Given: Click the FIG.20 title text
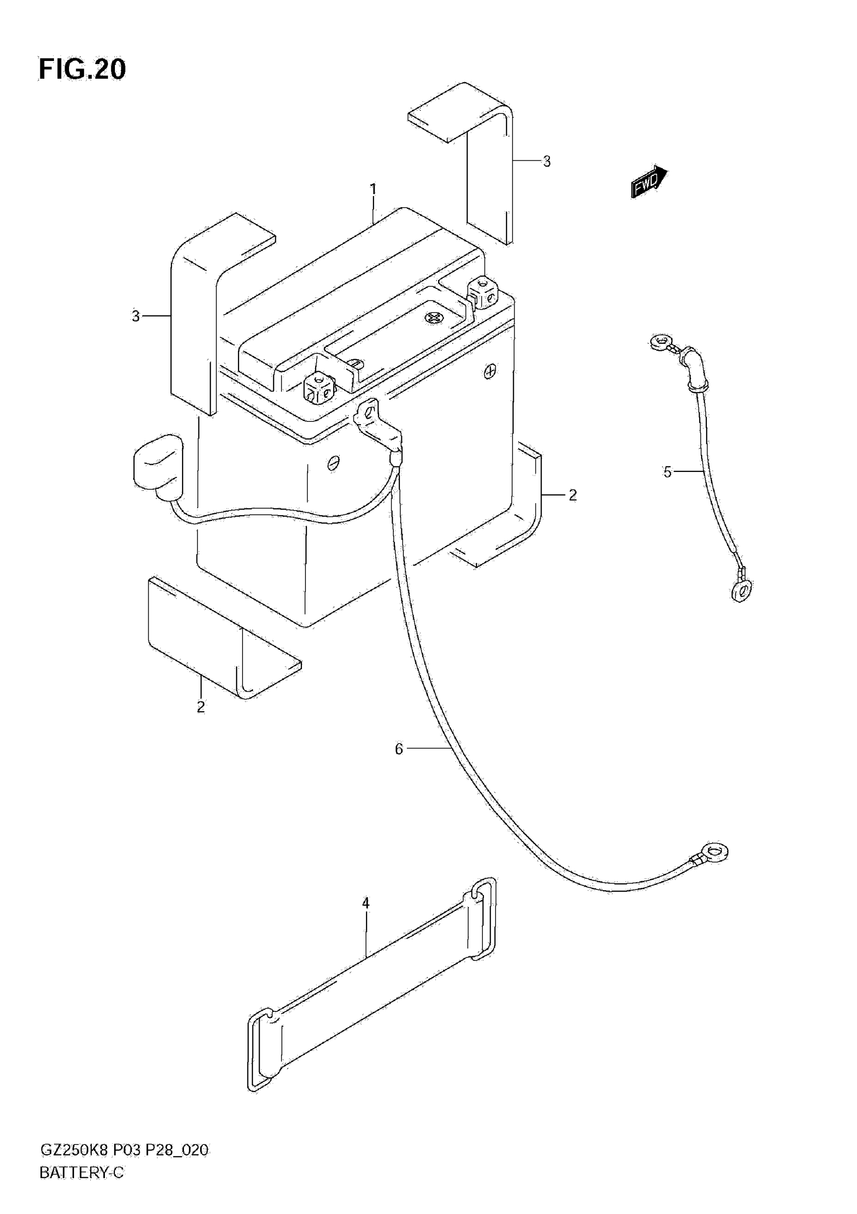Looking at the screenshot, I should (83, 69).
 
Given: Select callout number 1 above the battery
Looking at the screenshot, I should (373, 189).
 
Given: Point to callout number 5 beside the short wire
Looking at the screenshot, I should (667, 472).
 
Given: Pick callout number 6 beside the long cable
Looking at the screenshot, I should (399, 749).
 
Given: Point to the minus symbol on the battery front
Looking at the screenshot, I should (334, 463).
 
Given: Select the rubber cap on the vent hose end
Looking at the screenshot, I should (158, 466).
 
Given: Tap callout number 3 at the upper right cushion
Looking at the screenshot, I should (546, 162).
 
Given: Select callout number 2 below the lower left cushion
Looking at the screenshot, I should (201, 707).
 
